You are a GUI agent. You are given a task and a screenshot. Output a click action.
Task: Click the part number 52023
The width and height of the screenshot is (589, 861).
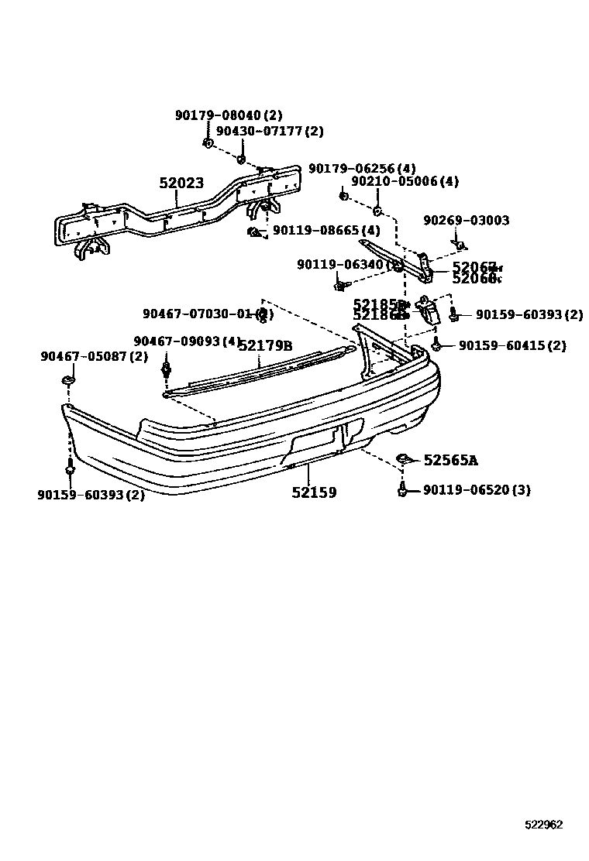pos(181,184)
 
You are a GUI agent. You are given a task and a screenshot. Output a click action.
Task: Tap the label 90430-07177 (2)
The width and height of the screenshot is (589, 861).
pos(269,132)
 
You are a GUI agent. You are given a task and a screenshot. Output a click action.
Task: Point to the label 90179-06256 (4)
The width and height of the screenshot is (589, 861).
pos(362,168)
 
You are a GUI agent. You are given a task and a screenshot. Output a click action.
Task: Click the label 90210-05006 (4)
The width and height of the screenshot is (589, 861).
pos(405,182)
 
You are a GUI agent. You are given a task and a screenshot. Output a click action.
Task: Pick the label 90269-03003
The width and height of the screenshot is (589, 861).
pos(466,221)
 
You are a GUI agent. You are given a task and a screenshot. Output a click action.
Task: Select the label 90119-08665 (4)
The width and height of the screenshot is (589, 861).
pos(326,231)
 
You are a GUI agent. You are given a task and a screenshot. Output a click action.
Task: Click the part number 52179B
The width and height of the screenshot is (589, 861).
pos(265,345)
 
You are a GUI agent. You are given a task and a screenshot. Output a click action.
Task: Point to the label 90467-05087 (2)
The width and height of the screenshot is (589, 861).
pos(94,356)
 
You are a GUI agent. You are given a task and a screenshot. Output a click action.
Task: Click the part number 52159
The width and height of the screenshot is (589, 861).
pos(314,492)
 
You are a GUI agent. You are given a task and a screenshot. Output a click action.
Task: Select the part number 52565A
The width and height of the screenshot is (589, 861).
pos(450,461)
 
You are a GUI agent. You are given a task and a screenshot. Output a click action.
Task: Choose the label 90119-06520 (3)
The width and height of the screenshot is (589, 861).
pos(477,490)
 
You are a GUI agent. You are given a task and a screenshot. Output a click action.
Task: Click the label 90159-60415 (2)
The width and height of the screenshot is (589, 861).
pos(512,346)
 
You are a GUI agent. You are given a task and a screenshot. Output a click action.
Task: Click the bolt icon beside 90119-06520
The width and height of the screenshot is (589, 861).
pos(402,489)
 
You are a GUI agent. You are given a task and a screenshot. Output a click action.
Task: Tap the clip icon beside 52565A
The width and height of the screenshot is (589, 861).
pos(403,460)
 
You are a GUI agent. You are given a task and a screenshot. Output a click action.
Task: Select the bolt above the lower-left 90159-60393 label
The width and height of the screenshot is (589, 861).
pos(71,467)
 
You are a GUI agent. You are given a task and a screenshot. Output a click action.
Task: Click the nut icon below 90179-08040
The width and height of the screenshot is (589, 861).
pos(208,142)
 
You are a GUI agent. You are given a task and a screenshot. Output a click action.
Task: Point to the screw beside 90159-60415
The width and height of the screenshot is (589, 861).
pos(438,345)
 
